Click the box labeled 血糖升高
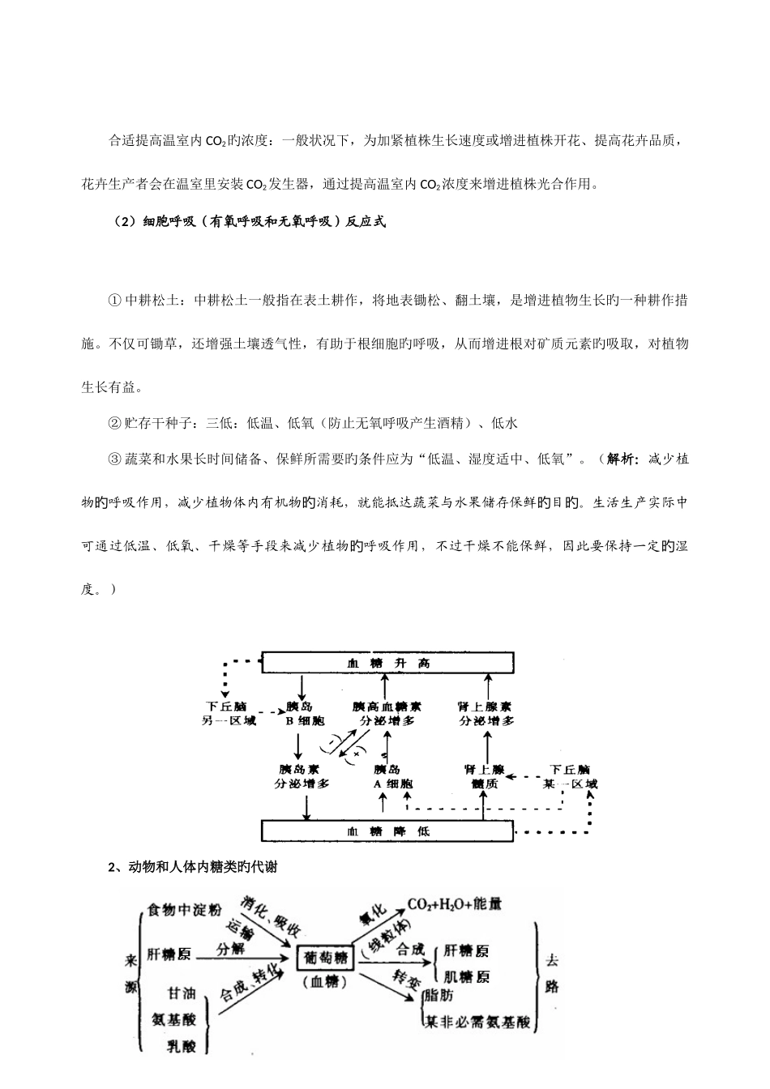pyautogui.click(x=387, y=663)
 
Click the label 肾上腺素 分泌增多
pyautogui.click(x=486, y=713)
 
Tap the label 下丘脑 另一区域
pyautogui.click(x=229, y=713)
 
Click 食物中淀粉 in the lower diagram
pyautogui.click(x=184, y=910)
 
